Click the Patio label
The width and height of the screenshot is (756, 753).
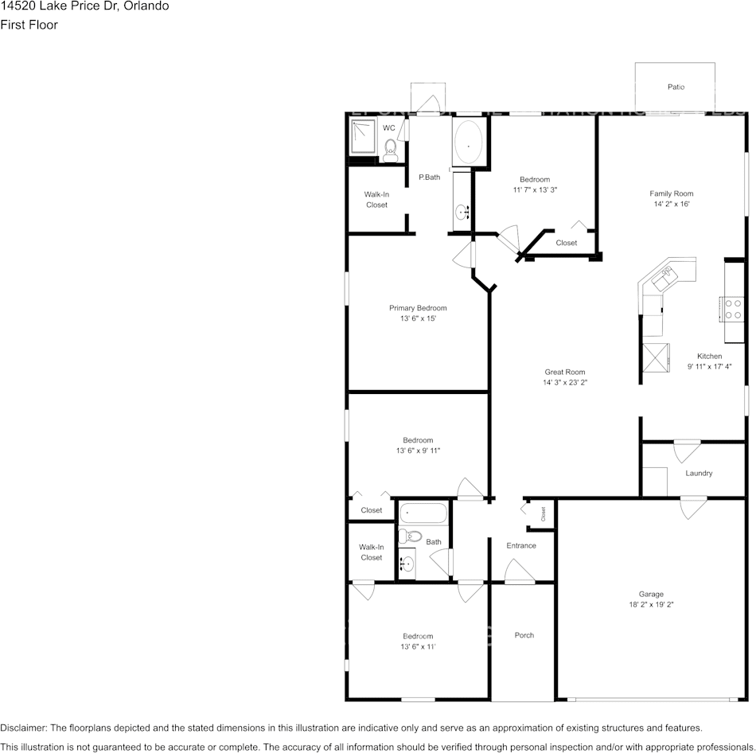676,87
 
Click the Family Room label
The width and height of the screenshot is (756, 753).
671,193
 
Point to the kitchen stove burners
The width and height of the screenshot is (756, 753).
733,309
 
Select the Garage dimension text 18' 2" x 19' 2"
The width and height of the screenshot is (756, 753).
650,605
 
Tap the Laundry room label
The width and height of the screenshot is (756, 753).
699,473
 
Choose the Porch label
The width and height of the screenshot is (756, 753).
524,635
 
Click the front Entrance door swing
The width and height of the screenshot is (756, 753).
519,572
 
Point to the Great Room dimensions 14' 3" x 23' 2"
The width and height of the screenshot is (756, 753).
565,382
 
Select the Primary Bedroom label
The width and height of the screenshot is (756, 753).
418,308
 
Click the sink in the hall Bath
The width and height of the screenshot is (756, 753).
407,564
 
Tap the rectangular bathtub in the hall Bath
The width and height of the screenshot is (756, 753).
423,513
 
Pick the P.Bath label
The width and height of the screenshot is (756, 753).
430,177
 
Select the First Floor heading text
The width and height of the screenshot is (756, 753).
29,25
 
